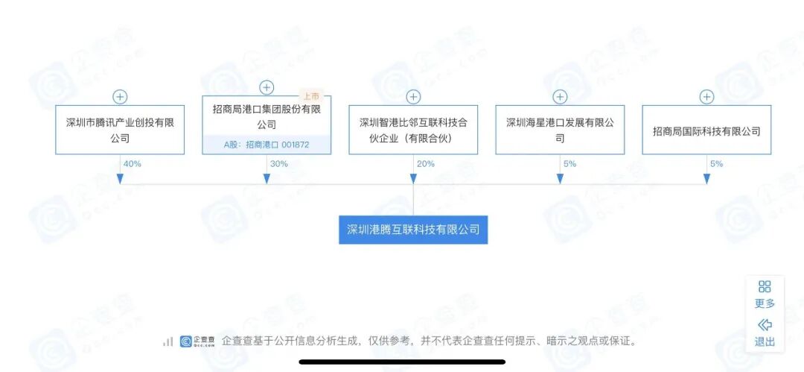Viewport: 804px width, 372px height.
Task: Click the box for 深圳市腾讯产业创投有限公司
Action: point(119,130)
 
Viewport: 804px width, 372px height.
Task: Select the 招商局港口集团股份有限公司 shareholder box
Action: point(266,117)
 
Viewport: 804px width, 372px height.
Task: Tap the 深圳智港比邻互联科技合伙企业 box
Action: point(413,130)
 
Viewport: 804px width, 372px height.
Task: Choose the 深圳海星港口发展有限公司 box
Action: point(560,130)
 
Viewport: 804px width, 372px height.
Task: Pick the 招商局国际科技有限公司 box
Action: point(706,130)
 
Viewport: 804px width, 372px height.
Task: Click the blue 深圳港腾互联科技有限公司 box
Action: point(413,229)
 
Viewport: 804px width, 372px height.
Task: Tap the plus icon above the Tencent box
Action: point(120,97)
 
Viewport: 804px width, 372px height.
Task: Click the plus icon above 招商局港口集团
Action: point(267,88)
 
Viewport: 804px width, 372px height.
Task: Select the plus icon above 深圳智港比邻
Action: point(413,97)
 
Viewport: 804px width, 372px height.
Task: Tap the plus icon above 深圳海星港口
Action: point(560,97)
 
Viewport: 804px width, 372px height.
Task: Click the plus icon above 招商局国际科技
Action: point(706,97)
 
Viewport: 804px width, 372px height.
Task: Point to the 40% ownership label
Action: point(132,163)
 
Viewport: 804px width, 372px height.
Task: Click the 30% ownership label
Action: point(278,163)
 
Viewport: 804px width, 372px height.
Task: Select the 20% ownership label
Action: point(425,163)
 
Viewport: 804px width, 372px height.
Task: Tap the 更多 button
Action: point(765,294)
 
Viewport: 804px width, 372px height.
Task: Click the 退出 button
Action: point(765,333)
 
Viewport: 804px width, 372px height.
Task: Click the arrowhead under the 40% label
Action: point(120,179)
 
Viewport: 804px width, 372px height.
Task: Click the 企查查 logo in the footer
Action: point(197,341)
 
